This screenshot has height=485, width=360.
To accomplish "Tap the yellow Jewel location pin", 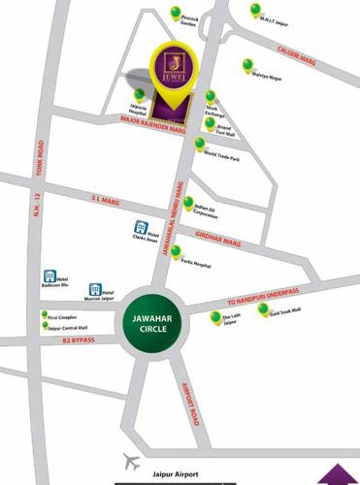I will pyautogui.click(x=177, y=71).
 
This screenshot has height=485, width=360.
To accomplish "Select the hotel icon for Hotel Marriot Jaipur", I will pyautogui.click(x=95, y=290).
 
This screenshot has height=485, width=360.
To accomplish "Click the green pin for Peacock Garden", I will pyautogui.click(x=177, y=13).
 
